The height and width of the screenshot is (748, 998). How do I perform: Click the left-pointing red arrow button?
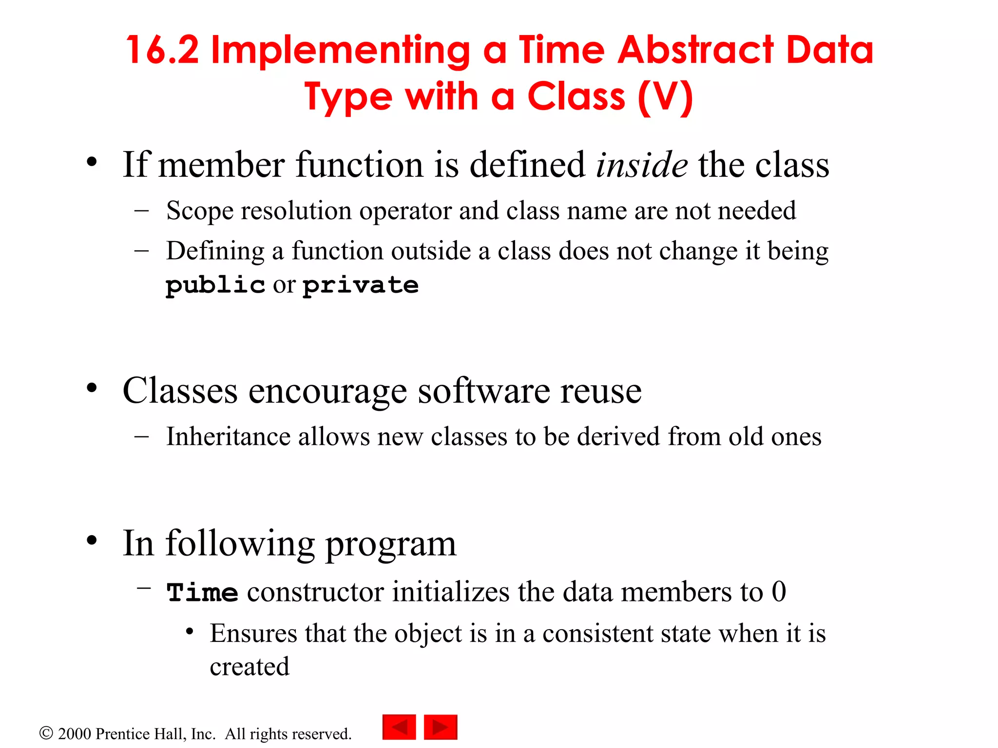coord(399,727)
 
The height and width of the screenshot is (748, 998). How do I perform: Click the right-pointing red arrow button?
coord(441,727)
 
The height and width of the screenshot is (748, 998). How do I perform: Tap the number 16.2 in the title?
coord(162,50)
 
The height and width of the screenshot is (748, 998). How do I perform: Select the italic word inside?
coord(641,165)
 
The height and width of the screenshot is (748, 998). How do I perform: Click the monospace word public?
coord(215,285)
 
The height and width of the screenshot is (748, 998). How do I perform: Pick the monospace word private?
coord(361,285)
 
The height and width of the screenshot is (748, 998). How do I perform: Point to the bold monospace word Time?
coord(202,593)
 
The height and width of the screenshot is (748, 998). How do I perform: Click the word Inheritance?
coord(228,436)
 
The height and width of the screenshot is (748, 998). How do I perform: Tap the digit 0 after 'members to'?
coord(779,592)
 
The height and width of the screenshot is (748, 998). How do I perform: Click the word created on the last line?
coord(249,667)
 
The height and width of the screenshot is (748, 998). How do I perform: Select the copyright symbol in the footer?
coord(46,733)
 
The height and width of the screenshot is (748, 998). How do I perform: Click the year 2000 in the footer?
coord(75,734)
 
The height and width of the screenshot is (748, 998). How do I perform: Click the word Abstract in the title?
coord(695,50)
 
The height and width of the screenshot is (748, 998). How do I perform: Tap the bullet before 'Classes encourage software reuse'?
coord(92,389)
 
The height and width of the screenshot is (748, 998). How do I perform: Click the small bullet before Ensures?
coord(190,632)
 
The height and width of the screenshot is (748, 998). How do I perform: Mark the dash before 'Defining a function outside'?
coord(141,251)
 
